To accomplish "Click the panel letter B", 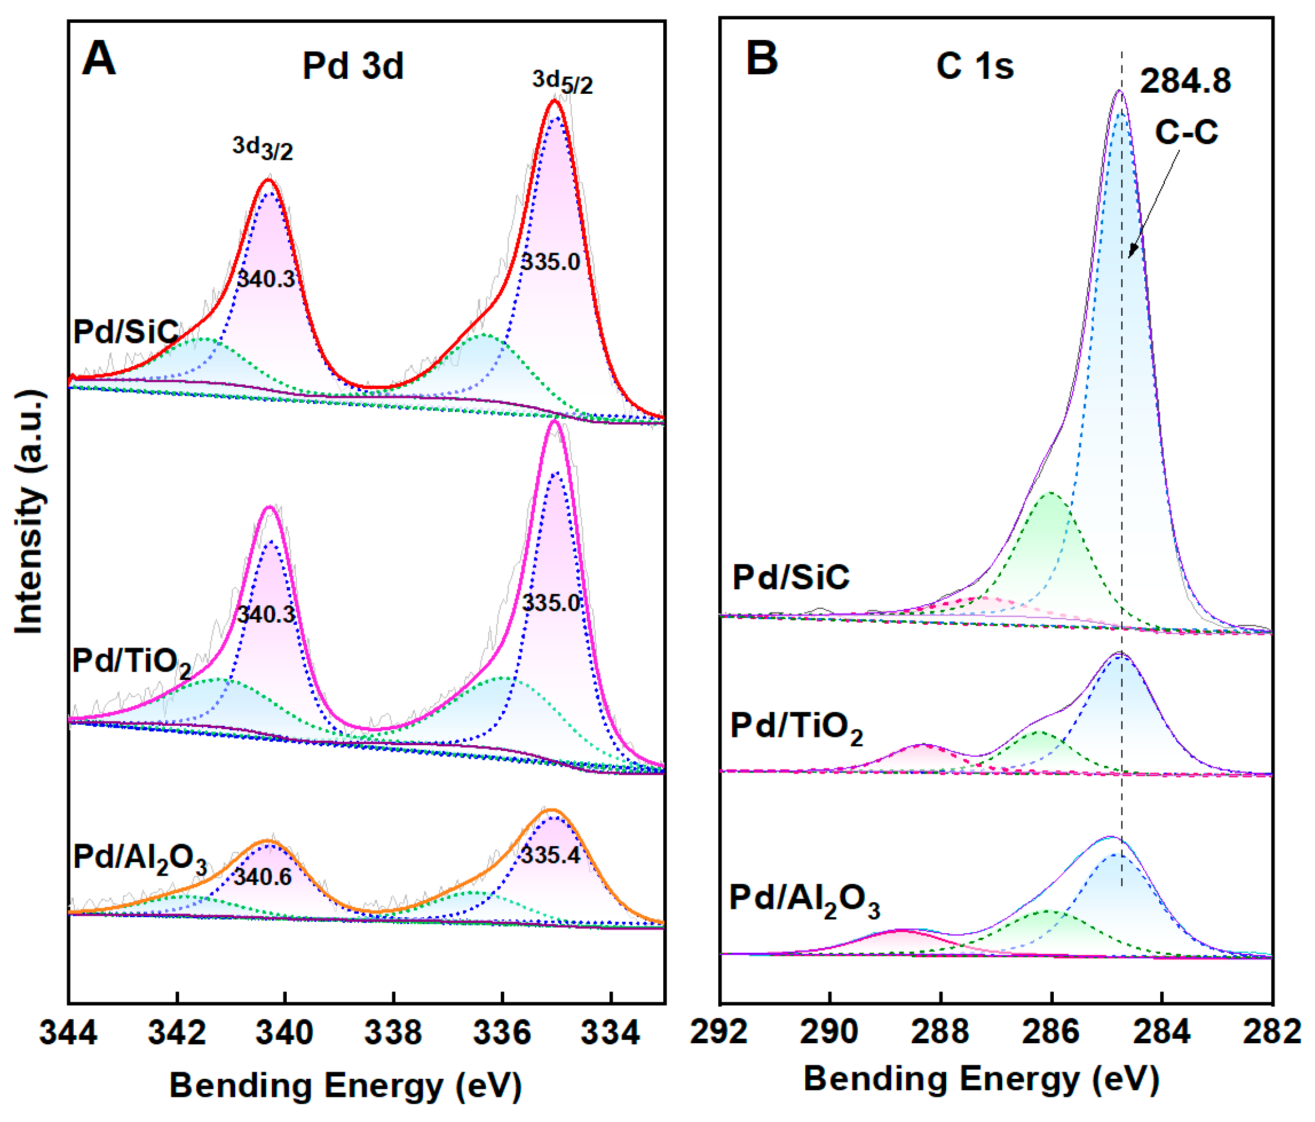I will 761,58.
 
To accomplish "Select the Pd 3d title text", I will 353,65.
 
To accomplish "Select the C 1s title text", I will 975,65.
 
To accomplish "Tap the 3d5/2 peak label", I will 562,82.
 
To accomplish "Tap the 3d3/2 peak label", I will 263,148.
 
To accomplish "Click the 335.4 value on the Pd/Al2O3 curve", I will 550,855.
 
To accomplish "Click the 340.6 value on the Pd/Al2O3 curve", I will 263,877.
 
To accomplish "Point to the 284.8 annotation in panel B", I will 1185,81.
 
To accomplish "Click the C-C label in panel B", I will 1186,133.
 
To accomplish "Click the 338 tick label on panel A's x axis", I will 393,1032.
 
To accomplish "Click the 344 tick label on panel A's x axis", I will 69,1032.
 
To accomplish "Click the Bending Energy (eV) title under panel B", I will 981,1078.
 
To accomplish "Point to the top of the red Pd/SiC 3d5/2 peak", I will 554,100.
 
